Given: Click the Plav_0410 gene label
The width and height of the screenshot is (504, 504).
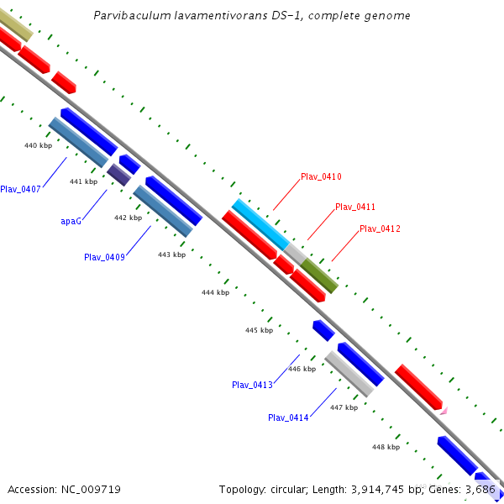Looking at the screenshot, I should [x=321, y=176].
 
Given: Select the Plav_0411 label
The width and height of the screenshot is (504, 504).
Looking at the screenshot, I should [x=354, y=207].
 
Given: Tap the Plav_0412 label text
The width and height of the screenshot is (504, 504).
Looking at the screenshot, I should [x=380, y=228].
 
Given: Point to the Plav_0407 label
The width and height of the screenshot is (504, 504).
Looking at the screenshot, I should [x=20, y=189].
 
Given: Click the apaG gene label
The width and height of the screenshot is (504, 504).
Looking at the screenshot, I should [x=71, y=221].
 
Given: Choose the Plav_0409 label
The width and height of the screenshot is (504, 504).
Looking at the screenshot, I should [x=104, y=257].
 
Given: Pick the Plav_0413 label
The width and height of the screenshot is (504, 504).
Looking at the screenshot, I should [x=252, y=385].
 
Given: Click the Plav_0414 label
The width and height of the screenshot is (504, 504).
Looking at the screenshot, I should [x=288, y=417].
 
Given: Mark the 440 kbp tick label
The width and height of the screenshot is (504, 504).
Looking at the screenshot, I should [x=38, y=145].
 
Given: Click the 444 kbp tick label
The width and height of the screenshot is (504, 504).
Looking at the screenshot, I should [x=215, y=292].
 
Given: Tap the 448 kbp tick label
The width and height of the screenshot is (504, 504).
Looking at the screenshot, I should [x=386, y=447].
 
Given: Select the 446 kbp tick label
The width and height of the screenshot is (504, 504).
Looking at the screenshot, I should [x=302, y=369].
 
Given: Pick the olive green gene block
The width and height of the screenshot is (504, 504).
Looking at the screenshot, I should [x=319, y=276].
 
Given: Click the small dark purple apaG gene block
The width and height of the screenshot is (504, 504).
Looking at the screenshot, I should [x=118, y=175].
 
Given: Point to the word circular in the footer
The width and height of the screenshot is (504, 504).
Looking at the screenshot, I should [x=288, y=489].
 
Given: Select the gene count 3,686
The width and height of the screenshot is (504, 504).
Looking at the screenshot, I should [x=483, y=489].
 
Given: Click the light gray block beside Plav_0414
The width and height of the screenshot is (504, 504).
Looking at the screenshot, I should [x=349, y=374].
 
